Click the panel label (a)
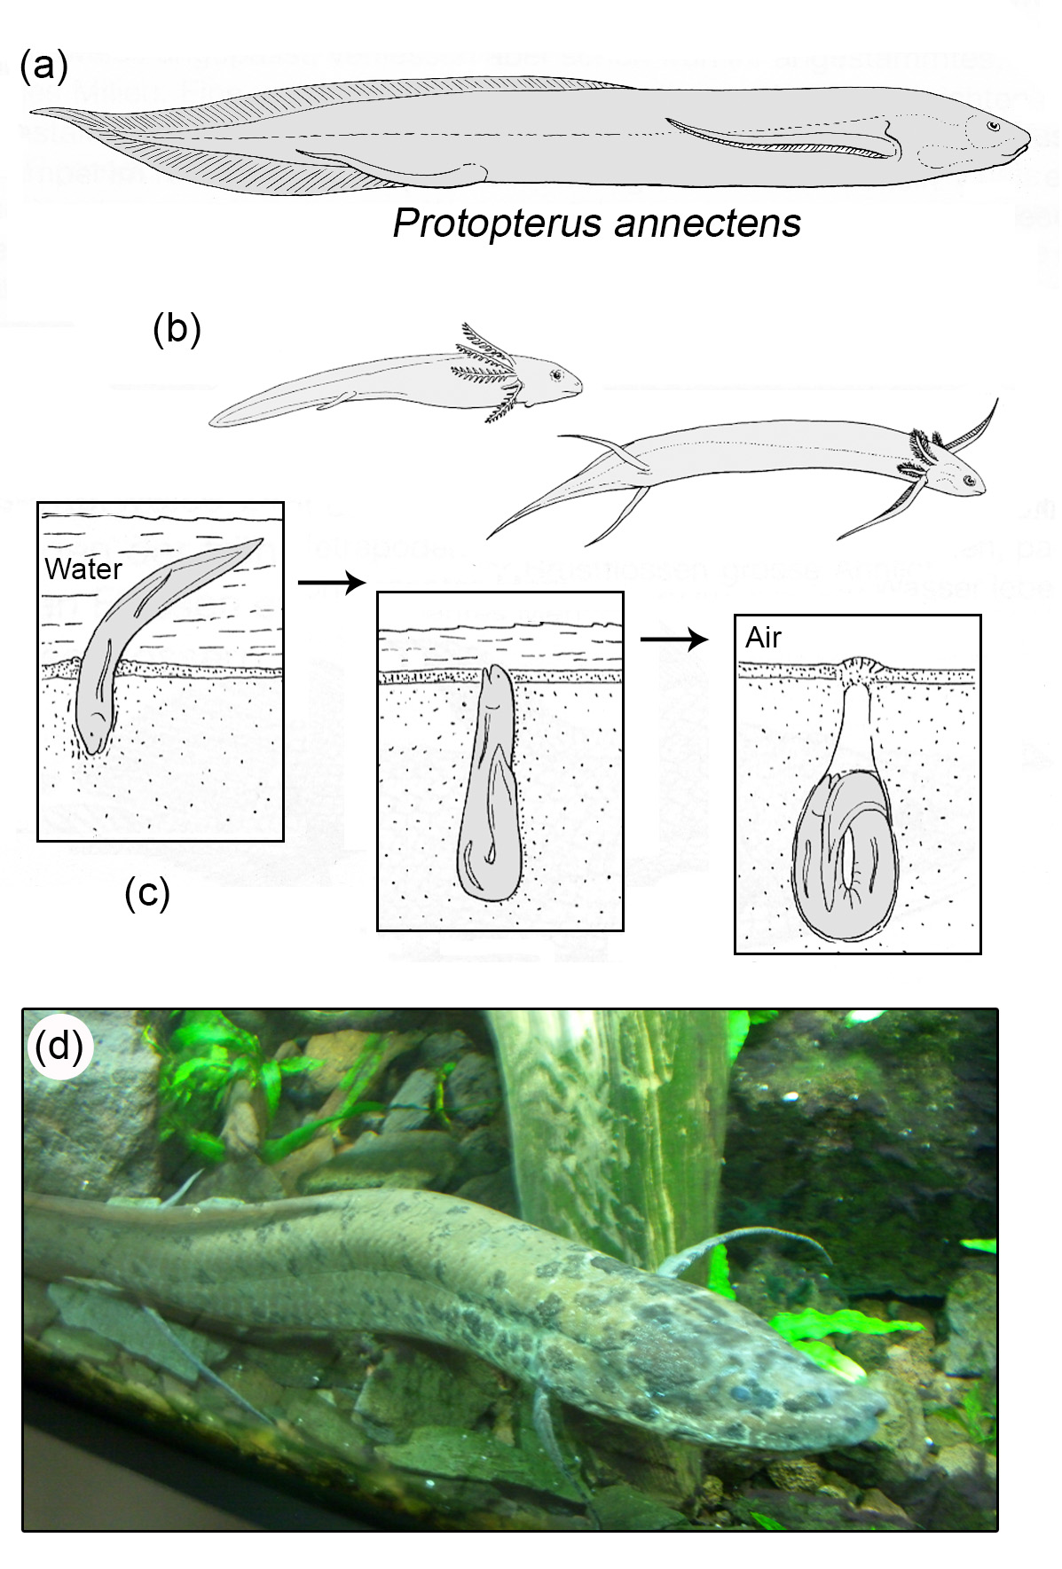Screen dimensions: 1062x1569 (44, 67)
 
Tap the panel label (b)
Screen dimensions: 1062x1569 (177, 329)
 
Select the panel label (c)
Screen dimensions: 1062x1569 (147, 893)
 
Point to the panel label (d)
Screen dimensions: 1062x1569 (59, 1047)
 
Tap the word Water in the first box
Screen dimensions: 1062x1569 (83, 569)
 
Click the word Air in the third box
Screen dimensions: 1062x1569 (763, 638)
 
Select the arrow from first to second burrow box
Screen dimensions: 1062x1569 (332, 583)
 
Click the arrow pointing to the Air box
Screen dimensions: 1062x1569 (674, 639)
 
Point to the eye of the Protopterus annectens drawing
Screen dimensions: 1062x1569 (993, 127)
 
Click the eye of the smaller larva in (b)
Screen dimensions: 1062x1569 (556, 375)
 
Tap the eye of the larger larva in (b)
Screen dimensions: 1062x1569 (970, 482)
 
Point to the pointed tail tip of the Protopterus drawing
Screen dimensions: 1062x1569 (32, 112)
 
